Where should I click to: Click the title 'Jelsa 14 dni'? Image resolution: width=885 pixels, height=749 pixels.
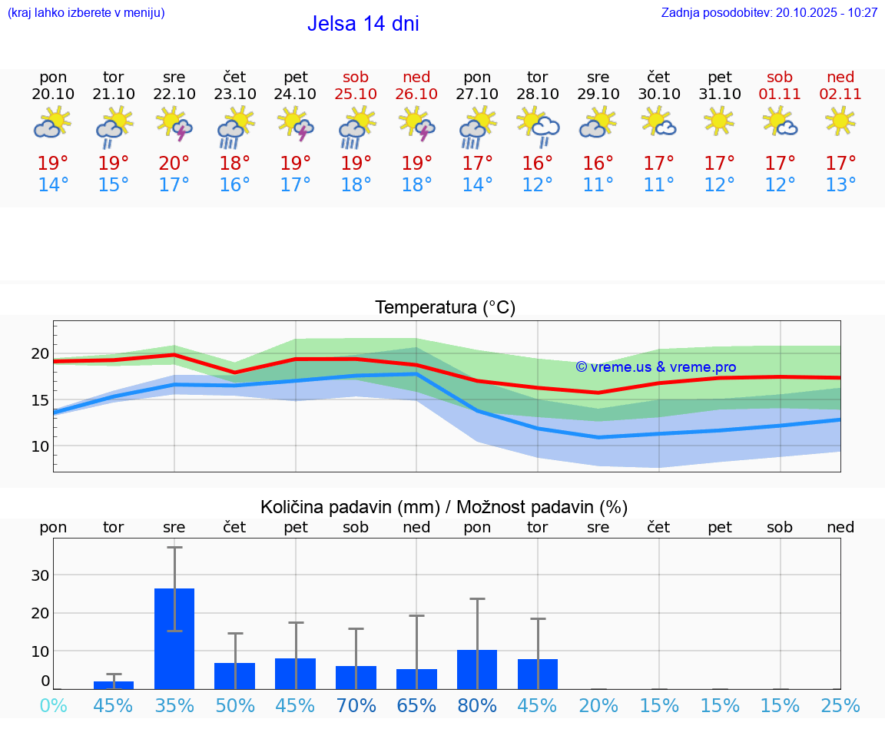(363, 24)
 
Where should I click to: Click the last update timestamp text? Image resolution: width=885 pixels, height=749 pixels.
(769, 13)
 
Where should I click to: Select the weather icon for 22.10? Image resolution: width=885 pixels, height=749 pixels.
(174, 124)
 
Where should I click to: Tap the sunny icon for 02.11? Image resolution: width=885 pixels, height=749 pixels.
(840, 121)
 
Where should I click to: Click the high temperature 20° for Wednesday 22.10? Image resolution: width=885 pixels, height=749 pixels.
(174, 164)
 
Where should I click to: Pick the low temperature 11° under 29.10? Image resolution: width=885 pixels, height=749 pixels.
(598, 185)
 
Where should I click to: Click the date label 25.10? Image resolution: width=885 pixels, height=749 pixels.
(356, 94)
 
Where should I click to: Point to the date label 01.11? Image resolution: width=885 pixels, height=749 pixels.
(780, 94)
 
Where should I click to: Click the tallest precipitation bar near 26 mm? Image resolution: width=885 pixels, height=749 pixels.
(174, 638)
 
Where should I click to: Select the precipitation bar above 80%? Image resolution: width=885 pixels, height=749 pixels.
(477, 669)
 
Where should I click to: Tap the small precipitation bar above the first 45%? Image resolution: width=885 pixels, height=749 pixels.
(114, 684)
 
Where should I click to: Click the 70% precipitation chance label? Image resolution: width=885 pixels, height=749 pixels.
(356, 705)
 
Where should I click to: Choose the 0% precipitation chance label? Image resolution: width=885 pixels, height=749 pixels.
(53, 705)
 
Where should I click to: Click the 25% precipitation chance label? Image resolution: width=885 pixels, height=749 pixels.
(840, 705)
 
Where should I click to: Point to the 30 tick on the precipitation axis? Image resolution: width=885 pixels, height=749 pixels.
(40, 575)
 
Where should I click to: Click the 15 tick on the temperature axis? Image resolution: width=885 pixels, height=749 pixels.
(40, 400)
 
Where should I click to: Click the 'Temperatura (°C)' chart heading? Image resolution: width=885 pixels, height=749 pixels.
(445, 308)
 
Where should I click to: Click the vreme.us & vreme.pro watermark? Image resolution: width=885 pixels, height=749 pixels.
(655, 367)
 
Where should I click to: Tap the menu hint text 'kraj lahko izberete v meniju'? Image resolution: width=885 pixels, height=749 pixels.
(86, 13)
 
